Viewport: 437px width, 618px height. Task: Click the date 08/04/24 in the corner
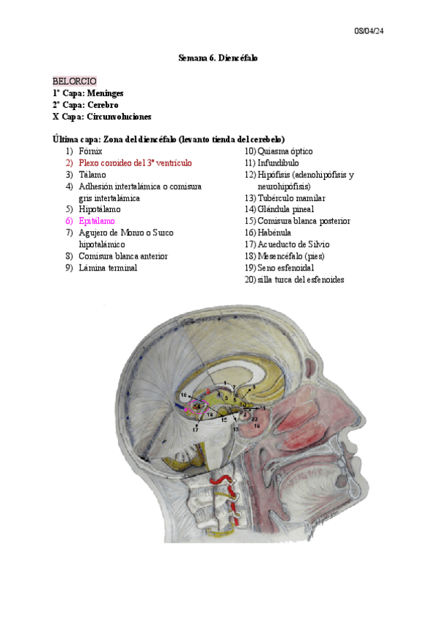point(369,31)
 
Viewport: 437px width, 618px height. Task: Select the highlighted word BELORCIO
point(74,81)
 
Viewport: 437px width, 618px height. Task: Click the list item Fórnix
point(90,151)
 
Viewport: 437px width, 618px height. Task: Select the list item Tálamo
point(92,174)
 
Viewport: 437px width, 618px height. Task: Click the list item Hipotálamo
point(98,209)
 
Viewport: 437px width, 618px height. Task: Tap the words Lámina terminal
point(108,267)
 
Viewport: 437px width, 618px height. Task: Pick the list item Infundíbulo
point(278,163)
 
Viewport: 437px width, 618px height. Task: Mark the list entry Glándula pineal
point(287,209)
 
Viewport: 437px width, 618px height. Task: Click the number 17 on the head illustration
point(196,430)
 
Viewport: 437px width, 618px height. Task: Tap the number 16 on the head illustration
point(184,395)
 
